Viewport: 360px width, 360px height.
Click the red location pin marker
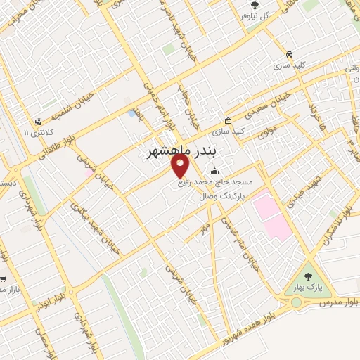pyautogui.click(x=181, y=166)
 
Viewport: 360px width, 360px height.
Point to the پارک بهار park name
pyautogui.click(x=307, y=289)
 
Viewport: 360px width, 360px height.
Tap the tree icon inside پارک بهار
pyautogui.click(x=307, y=276)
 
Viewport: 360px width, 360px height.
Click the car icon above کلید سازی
pyautogui.click(x=290, y=53)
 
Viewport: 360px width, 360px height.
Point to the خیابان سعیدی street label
pyautogui.click(x=269, y=108)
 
